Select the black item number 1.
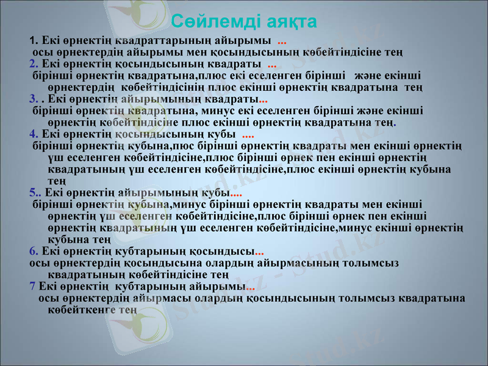32,41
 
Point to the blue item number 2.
32,63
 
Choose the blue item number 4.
32,134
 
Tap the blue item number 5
32,193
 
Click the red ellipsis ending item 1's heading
282,41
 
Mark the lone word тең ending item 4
57,181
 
